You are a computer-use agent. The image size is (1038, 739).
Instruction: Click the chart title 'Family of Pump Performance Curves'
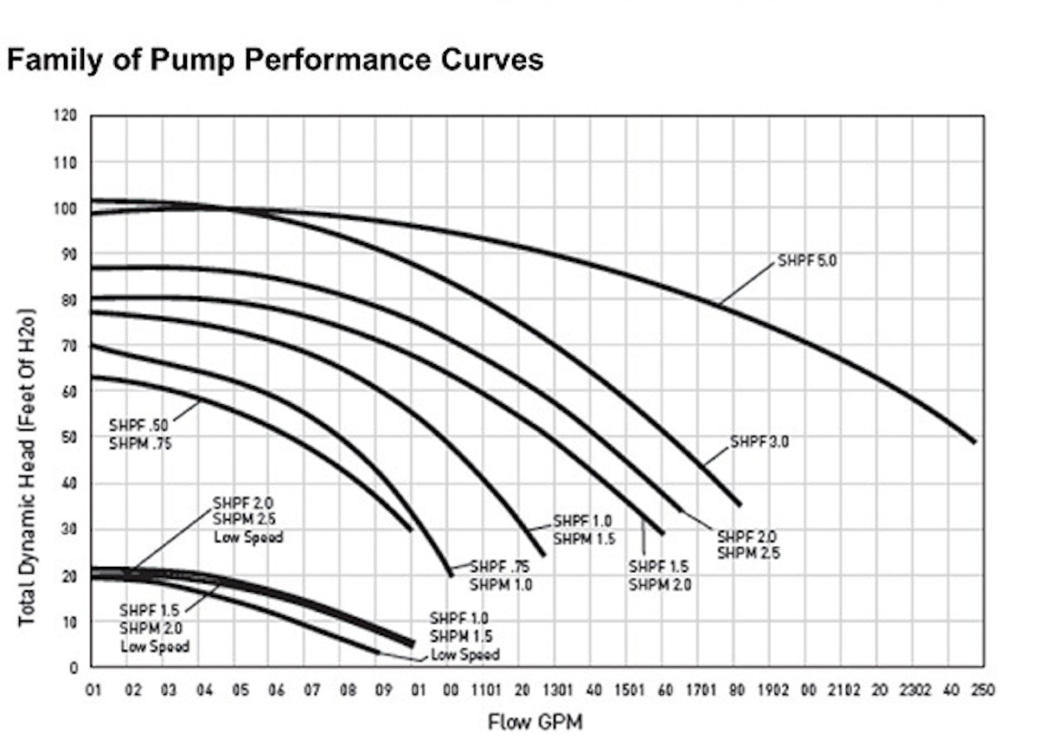point(275,60)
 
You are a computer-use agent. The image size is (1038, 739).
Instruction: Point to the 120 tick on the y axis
point(67,116)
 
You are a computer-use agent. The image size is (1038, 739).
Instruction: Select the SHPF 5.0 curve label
point(807,260)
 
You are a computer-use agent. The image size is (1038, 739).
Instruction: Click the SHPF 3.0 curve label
point(759,441)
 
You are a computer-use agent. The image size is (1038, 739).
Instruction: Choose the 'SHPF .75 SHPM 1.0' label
point(501,575)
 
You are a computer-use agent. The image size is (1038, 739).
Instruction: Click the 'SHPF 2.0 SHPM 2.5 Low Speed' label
point(247,519)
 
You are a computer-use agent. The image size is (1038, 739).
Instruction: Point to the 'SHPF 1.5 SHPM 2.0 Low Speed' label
point(155,627)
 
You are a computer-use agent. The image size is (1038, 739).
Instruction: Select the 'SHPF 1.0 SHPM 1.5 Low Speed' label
point(464,636)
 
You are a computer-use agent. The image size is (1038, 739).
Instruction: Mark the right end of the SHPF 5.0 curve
point(975,441)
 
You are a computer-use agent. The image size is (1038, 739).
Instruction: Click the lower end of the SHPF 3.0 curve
point(740,504)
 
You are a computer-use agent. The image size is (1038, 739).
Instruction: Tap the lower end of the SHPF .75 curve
point(451,574)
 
